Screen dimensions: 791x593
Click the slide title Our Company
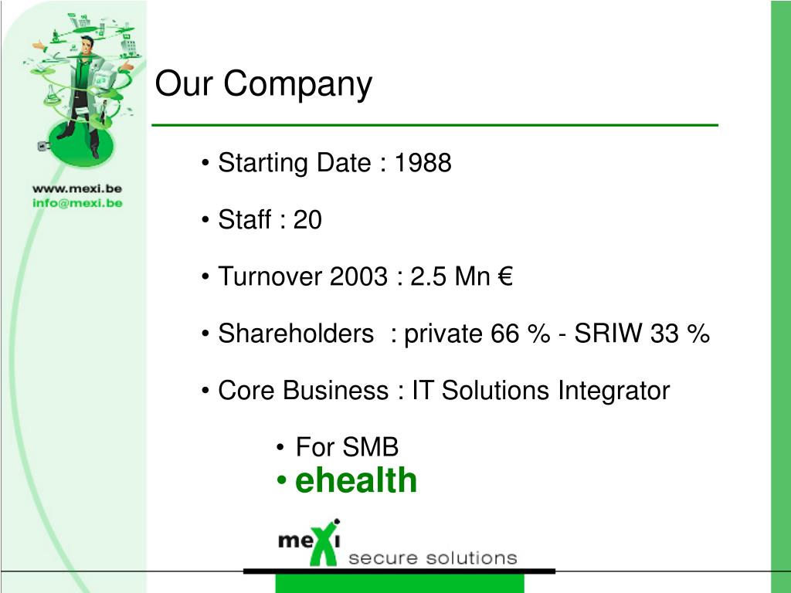point(263,84)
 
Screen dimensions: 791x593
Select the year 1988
point(423,163)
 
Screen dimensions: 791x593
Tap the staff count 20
point(307,220)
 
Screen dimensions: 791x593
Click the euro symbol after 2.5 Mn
point(505,276)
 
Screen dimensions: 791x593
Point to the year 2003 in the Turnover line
point(358,276)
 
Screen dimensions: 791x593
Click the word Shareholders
point(296,334)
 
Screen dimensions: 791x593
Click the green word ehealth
point(356,480)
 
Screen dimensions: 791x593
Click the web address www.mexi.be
point(77,188)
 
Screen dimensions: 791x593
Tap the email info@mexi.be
point(77,203)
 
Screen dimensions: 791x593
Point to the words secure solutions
point(433,558)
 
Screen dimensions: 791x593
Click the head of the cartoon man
point(87,45)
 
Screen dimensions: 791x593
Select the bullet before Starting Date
point(205,164)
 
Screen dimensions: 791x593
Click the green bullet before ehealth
point(281,480)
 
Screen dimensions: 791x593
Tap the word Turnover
point(270,276)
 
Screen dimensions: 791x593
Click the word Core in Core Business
point(246,391)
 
